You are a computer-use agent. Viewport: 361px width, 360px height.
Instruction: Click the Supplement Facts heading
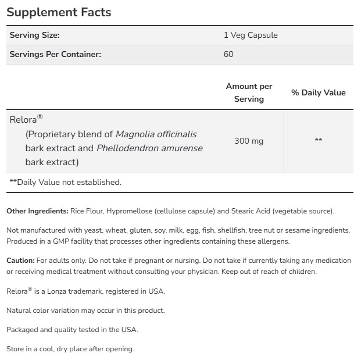tap(59, 12)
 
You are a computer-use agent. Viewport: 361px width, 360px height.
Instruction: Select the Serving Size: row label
tap(35, 35)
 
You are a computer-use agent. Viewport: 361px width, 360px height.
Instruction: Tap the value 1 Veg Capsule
tap(251, 35)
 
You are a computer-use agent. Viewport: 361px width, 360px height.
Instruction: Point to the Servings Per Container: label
tap(55, 54)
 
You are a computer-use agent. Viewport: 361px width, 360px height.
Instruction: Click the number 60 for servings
tap(228, 54)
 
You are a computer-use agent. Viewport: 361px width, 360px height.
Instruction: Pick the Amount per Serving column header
tap(249, 92)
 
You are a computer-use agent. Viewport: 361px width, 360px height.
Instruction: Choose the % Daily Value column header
tap(318, 92)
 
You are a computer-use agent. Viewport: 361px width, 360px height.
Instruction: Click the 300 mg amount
tap(249, 141)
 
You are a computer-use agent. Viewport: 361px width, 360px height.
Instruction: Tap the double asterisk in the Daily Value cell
tap(318, 140)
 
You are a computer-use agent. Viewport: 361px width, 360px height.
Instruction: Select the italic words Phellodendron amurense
tap(149, 148)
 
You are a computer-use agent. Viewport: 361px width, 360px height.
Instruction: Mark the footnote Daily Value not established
tap(66, 182)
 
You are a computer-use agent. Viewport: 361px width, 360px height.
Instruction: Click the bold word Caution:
tap(20, 261)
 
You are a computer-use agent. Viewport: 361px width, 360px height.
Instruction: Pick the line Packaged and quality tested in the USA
tap(72, 330)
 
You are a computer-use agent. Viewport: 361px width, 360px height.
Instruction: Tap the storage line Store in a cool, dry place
tap(70, 349)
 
